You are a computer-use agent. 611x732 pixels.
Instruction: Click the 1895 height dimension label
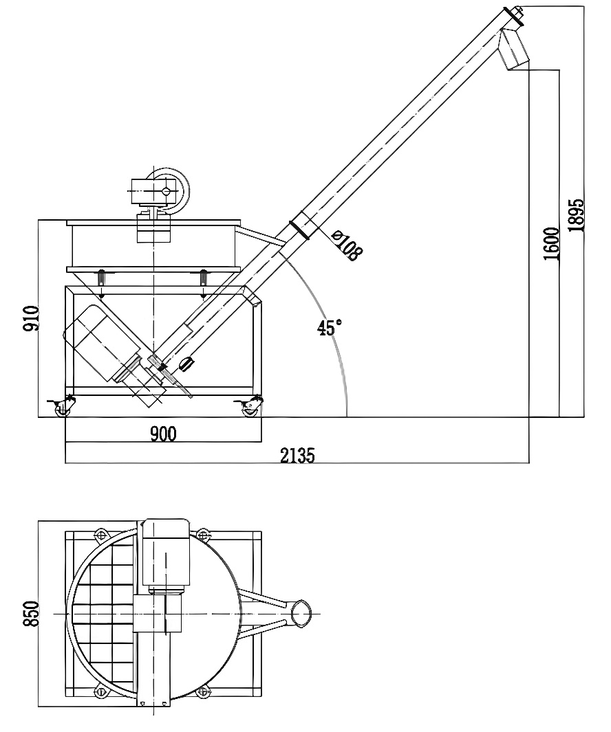tap(577, 216)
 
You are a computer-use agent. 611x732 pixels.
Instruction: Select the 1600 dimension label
tap(551, 243)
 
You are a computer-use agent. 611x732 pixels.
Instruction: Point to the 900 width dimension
tap(163, 434)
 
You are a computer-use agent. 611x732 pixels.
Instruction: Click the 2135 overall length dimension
tap(297, 455)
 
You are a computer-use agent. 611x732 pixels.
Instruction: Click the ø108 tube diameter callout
tap(346, 245)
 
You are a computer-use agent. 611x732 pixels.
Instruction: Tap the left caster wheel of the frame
tap(62, 408)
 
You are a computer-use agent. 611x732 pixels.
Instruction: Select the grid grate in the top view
tap(103, 612)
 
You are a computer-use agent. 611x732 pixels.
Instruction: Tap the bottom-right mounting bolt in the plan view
tap(203, 691)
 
